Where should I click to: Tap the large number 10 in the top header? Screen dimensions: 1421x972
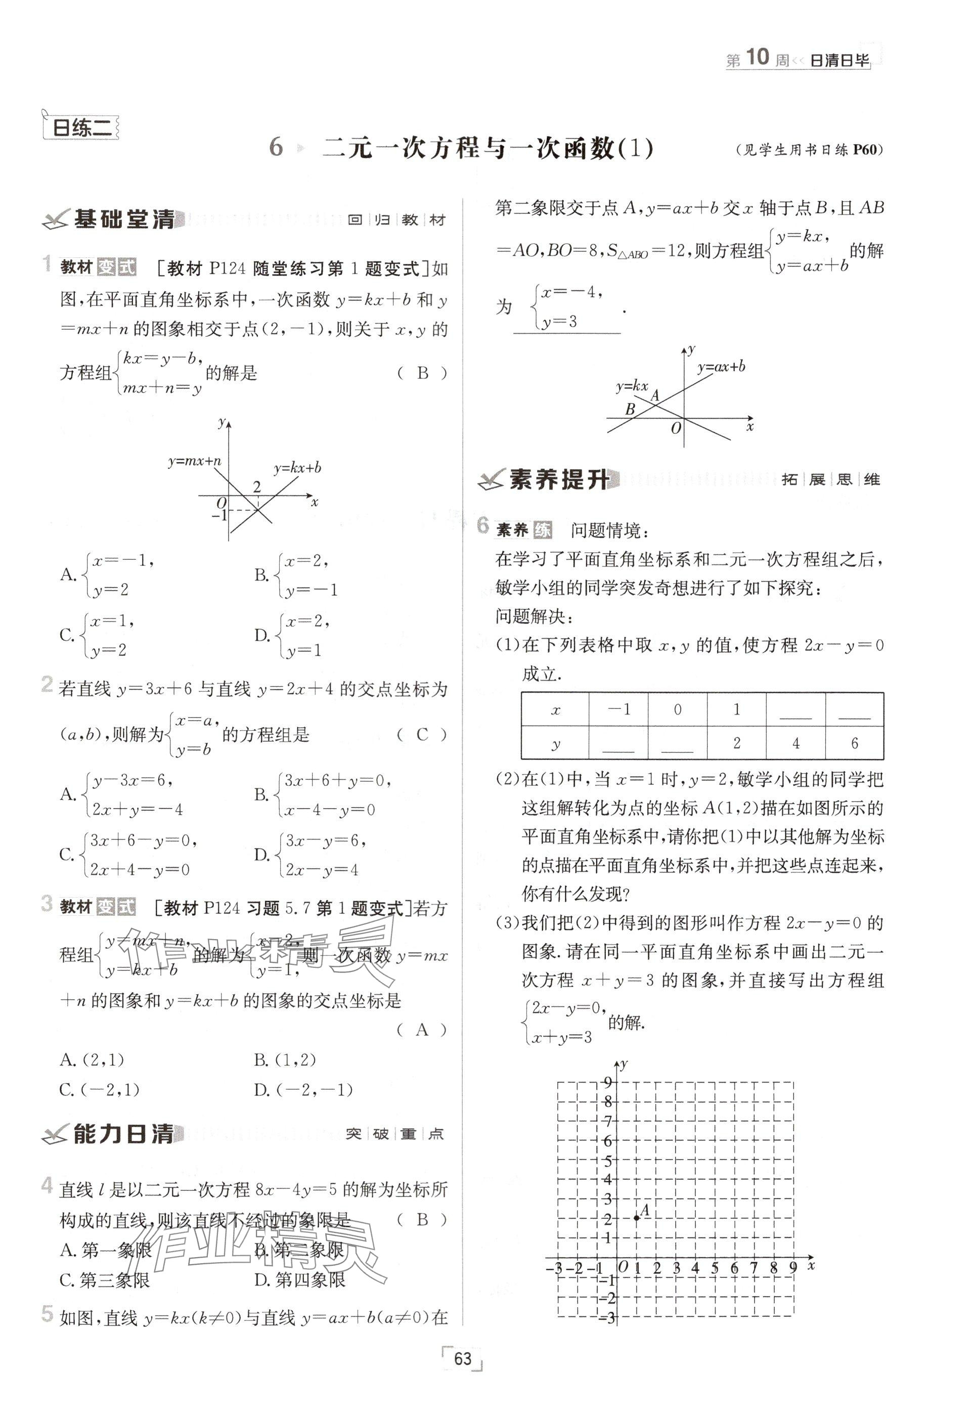[x=758, y=58]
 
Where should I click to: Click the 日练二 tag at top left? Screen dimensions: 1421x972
[x=81, y=128]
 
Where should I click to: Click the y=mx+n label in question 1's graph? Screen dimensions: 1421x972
[x=194, y=462]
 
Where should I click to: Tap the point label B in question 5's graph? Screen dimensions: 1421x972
[x=630, y=409]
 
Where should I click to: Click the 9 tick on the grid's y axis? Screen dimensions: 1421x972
[x=608, y=1082]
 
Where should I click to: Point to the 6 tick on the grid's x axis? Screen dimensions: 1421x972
[x=734, y=1268]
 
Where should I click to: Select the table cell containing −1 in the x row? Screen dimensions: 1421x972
[x=618, y=709]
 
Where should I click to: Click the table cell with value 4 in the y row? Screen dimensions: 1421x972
[x=796, y=743]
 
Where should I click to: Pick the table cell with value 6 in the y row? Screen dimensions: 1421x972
[x=854, y=743]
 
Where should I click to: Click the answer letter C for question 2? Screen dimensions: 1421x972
[x=422, y=734]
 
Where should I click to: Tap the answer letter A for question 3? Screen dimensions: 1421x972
[x=422, y=1030]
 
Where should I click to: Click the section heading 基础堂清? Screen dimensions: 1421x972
[x=124, y=219]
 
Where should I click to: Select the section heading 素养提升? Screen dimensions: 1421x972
[x=559, y=480]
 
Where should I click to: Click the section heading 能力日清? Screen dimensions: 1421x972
[x=123, y=1134]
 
